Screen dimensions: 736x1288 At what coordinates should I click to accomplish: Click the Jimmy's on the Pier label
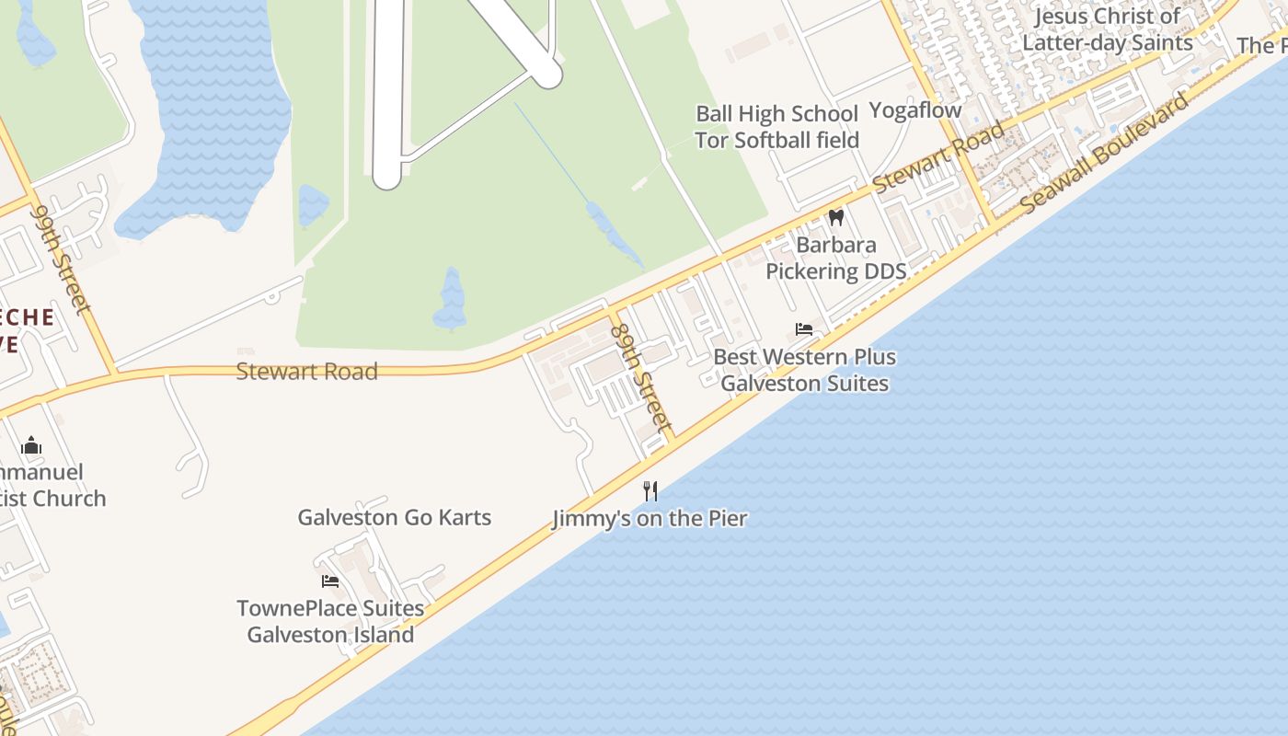click(650, 518)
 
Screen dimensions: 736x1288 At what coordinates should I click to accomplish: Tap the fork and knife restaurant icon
click(650, 491)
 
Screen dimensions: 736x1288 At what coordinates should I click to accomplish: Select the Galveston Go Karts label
click(394, 517)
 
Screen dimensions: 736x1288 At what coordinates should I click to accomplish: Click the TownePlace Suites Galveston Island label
click(330, 621)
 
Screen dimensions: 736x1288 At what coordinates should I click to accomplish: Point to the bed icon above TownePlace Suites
click(330, 581)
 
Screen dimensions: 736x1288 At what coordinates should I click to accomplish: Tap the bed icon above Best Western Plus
click(804, 329)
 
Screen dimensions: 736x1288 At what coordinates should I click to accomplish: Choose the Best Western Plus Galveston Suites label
click(804, 370)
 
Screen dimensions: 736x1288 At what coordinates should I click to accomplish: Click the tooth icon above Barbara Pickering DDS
click(836, 218)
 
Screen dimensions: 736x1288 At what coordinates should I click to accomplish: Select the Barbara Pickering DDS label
click(835, 259)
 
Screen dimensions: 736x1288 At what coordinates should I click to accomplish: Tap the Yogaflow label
click(915, 110)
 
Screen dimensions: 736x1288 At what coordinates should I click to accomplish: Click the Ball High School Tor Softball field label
click(776, 127)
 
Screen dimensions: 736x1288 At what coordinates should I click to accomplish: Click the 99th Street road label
click(61, 259)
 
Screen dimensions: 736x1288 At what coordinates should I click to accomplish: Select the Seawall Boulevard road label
click(1104, 153)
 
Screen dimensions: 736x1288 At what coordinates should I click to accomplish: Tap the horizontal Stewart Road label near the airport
click(306, 372)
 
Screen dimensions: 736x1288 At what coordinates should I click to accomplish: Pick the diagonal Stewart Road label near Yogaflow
click(938, 156)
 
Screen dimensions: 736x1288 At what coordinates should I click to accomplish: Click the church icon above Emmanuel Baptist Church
click(31, 445)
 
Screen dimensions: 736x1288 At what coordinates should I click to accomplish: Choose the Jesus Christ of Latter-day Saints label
click(1108, 29)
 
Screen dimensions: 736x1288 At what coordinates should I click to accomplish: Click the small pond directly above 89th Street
click(451, 299)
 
